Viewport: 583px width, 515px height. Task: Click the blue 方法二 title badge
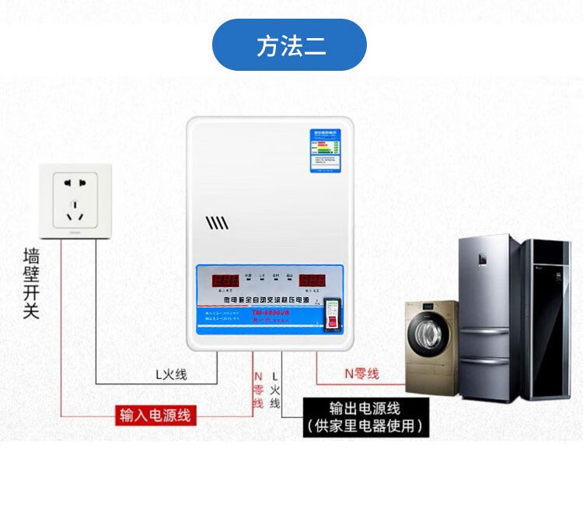(x=289, y=45)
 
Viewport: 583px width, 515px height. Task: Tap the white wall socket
(x=76, y=200)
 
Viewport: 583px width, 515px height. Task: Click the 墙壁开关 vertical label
(x=31, y=283)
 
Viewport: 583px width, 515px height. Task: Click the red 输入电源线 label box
(x=155, y=415)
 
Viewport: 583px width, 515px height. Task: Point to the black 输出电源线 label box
(x=365, y=417)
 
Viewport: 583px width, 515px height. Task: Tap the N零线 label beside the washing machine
(x=361, y=373)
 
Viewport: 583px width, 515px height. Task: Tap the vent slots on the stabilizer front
(x=217, y=224)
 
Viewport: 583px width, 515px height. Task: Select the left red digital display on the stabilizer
(x=225, y=279)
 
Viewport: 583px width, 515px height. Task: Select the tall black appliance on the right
(x=547, y=318)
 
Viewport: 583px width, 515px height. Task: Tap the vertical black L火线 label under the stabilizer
(x=275, y=388)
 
